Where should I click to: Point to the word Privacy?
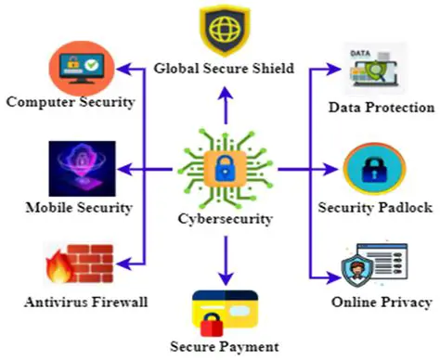coord(408,302)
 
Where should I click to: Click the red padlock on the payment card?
coord(211,326)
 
